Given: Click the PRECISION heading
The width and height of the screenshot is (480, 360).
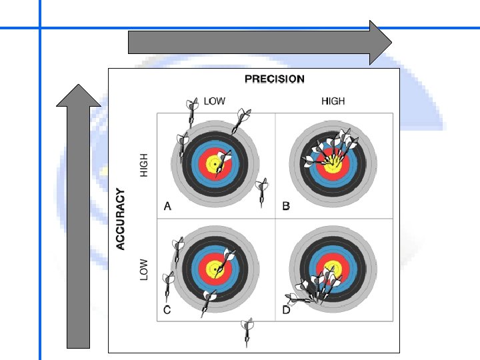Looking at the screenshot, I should (274, 79).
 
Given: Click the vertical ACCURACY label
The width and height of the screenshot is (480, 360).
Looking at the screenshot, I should (121, 219).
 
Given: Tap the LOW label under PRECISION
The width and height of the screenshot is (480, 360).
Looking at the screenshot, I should (215, 101).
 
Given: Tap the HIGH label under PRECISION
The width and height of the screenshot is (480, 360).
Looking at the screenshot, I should (333, 101).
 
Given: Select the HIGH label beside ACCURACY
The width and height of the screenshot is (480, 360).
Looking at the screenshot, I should (143, 165).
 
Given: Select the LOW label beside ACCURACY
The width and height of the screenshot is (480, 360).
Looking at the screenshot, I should (143, 269).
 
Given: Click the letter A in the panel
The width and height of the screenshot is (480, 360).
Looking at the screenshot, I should (167, 206).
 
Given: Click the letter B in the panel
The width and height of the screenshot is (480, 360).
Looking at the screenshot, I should (286, 206).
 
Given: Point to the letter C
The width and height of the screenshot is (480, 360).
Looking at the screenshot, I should (167, 309).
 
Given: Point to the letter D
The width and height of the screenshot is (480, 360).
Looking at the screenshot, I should (286, 309).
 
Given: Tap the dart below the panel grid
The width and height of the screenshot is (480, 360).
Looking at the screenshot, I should (248, 331).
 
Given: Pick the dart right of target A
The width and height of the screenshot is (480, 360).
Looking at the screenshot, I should (263, 191).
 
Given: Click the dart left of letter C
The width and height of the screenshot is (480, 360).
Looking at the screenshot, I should (169, 284).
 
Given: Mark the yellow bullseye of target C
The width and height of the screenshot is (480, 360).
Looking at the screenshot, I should (216, 269).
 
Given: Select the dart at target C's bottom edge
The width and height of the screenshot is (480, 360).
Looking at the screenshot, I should (209, 300).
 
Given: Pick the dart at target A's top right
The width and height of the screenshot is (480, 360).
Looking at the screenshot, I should (241, 121).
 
